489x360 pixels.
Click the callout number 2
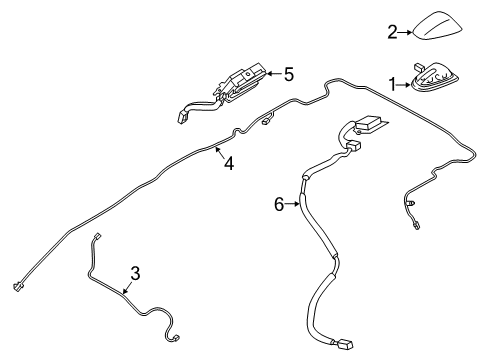(393, 33)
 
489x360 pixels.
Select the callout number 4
(229, 164)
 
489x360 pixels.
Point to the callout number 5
(288, 73)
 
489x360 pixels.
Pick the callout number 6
(280, 204)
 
